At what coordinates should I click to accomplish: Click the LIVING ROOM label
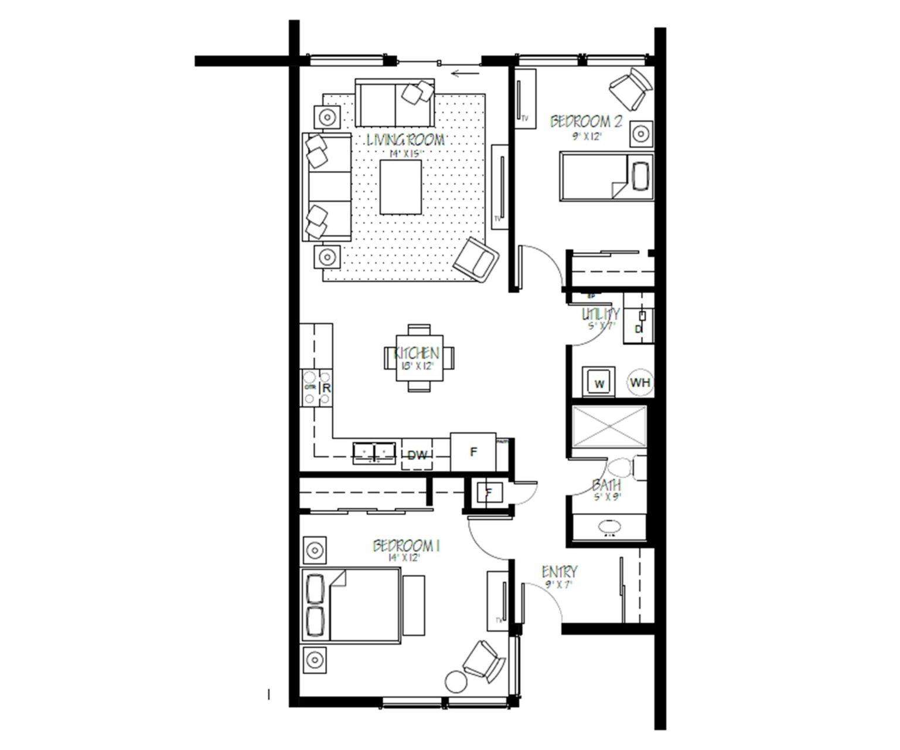tap(405, 140)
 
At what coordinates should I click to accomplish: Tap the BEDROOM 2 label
tap(585, 122)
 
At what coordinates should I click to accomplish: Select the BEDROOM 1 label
tap(406, 547)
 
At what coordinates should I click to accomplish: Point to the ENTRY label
tap(560, 572)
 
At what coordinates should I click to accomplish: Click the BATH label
tap(606, 486)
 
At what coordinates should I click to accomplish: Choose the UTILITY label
tap(600, 314)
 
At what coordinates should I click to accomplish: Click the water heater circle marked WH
tap(640, 383)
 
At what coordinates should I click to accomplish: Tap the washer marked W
tap(599, 384)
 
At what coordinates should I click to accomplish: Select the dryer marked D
tap(639, 329)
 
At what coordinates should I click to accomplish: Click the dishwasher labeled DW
tap(417, 455)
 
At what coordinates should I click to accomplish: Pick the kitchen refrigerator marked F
tap(473, 452)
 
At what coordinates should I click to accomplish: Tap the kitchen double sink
tap(374, 452)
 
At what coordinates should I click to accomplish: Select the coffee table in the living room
tap(400, 187)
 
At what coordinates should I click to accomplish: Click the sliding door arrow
tap(466, 73)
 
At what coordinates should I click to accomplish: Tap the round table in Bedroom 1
tap(456, 681)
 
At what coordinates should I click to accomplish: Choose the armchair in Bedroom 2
tap(630, 88)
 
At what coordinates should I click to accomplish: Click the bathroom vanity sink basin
tap(610, 526)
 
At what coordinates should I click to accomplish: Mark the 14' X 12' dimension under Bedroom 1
tap(404, 558)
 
